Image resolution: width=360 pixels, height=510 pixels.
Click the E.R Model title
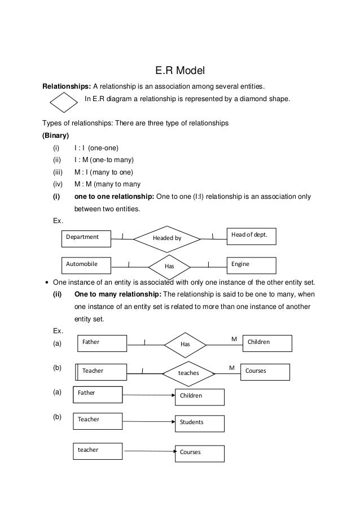179,71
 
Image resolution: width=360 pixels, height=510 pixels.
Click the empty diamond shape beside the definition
63,103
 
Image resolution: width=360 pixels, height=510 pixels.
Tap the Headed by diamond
167,238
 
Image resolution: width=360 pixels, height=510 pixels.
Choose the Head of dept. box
251,236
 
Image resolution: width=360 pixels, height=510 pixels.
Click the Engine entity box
251,264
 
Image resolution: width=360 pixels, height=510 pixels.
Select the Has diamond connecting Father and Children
186,343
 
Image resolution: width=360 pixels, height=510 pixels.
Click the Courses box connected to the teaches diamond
265,372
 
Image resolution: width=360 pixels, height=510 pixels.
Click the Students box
200,423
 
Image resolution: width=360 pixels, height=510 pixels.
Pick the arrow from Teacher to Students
148,421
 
